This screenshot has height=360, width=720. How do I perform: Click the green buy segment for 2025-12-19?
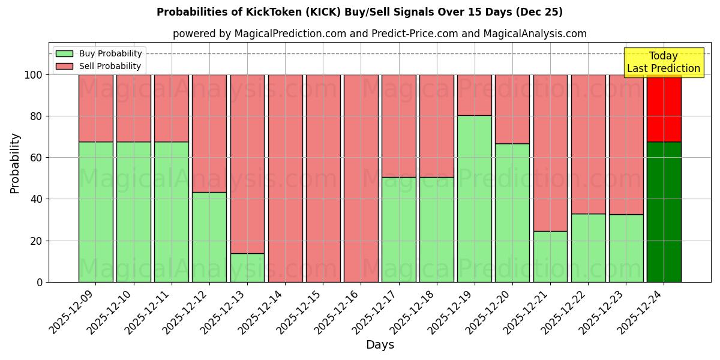pyautogui.click(x=475, y=199)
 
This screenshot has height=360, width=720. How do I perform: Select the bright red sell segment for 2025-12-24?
pyautogui.click(x=664, y=108)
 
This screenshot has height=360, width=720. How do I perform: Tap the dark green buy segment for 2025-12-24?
pyautogui.click(x=664, y=212)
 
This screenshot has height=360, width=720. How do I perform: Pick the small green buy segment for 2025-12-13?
pyautogui.click(x=247, y=268)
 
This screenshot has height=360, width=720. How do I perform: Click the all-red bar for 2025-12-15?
pyautogui.click(x=323, y=178)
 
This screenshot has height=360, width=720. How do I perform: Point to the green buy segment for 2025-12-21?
pyautogui.click(x=550, y=256)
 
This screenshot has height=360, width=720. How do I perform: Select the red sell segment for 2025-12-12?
pyautogui.click(x=209, y=133)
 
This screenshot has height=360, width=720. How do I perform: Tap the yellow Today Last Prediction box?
pyautogui.click(x=663, y=62)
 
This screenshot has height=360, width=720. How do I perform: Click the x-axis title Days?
pyautogui.click(x=380, y=345)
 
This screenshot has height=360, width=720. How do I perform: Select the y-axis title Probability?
pyautogui.click(x=15, y=163)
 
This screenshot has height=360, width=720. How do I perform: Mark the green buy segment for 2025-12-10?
pyautogui.click(x=134, y=212)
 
